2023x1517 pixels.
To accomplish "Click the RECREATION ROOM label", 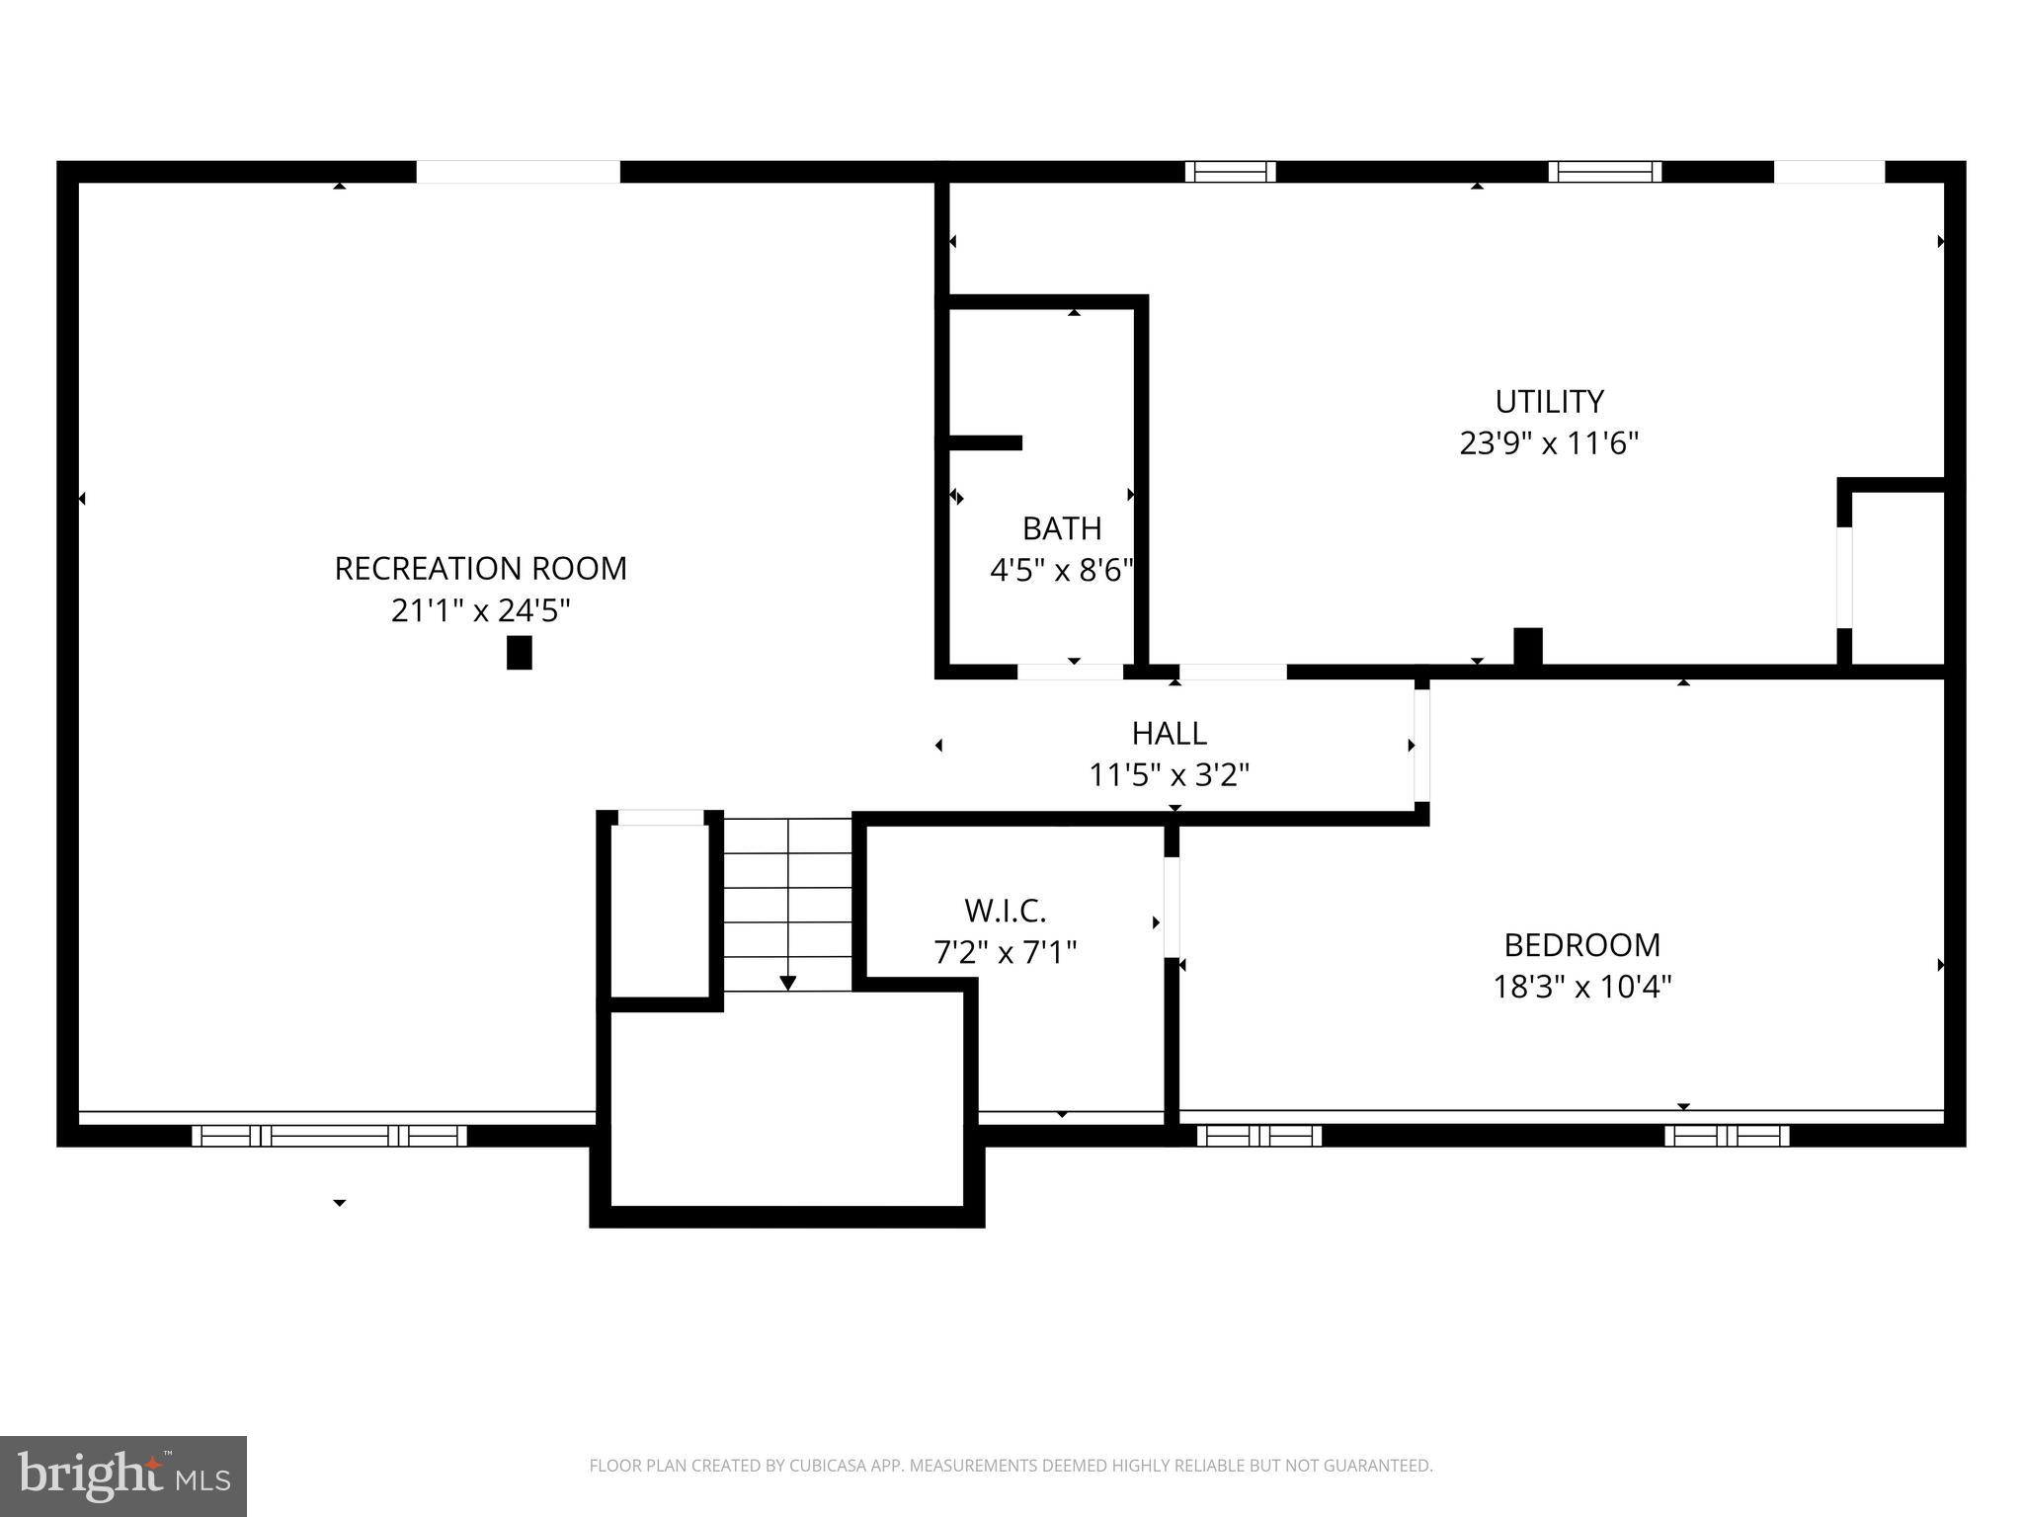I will click(x=480, y=569).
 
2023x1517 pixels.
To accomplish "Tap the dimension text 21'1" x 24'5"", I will click(x=480, y=611).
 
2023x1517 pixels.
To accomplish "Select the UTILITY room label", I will click(x=1548, y=402).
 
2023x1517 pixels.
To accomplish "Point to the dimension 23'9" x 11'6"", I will click(x=1548, y=443).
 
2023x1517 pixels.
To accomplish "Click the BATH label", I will click(x=1062, y=529).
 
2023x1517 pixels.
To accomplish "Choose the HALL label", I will click(x=1169, y=734).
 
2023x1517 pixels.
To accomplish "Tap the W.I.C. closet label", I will click(x=1005, y=910).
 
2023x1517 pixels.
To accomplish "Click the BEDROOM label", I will click(x=1581, y=945).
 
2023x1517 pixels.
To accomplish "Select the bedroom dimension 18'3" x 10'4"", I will click(x=1581, y=987).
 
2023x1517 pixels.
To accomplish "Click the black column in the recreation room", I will click(x=519, y=653).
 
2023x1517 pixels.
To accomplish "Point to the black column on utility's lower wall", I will click(x=1527, y=646).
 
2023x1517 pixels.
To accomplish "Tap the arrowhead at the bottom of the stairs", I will click(x=787, y=983).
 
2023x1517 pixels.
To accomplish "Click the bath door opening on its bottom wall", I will click(x=1070, y=672).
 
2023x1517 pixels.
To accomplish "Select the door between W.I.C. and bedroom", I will click(x=1172, y=907).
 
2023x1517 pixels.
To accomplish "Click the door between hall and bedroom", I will click(x=1421, y=745).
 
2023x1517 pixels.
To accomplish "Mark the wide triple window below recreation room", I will click(x=329, y=1136).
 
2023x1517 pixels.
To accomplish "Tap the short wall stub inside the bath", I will click(x=984, y=442).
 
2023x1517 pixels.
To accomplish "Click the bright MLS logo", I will click(x=123, y=1476).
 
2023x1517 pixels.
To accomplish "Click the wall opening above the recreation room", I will click(x=518, y=172).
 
